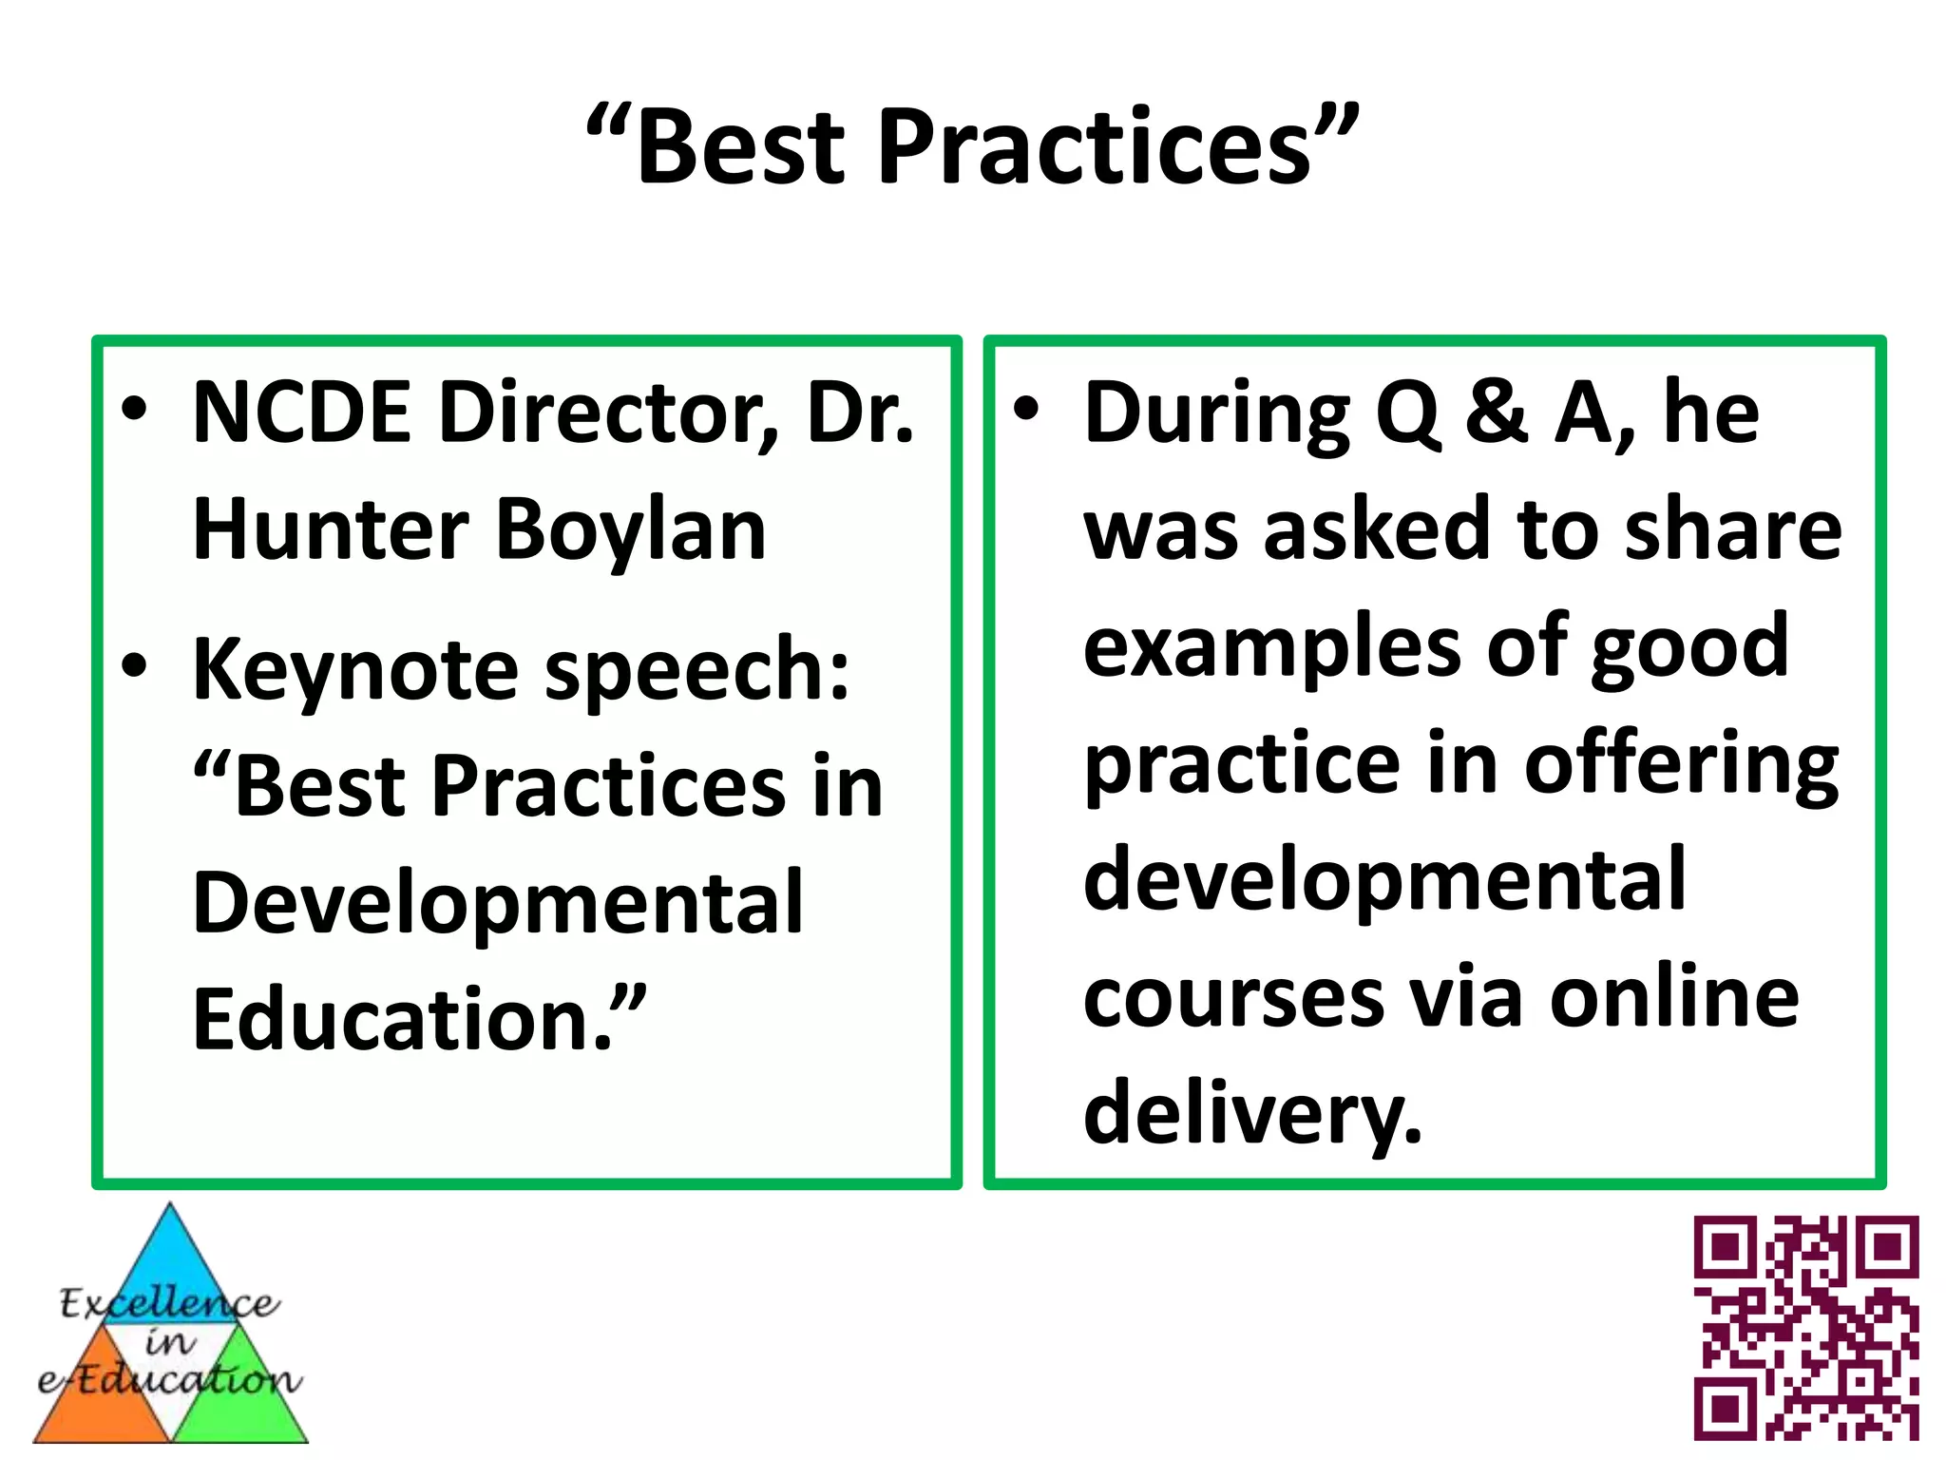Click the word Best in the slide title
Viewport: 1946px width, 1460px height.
740,147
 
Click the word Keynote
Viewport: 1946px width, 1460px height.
355,670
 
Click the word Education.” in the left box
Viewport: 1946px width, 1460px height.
419,1019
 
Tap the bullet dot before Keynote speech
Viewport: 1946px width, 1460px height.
134,665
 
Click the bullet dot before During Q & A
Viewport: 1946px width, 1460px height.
1025,409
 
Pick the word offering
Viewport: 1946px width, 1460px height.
1682,766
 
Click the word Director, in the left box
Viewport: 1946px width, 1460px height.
609,413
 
